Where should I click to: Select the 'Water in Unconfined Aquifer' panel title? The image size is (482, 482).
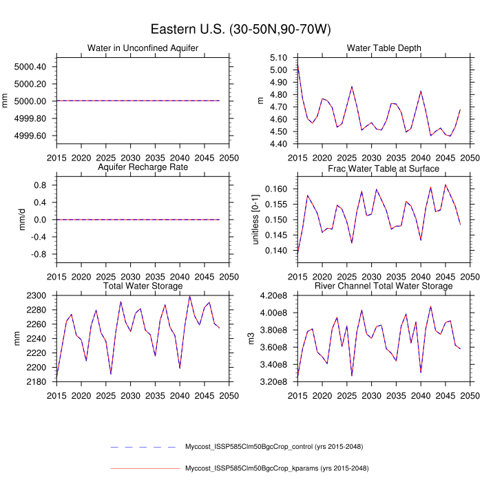pyautogui.click(x=143, y=48)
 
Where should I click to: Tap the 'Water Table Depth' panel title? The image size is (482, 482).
pyautogui.click(x=384, y=48)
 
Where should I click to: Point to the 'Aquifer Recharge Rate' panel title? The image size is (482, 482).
pyautogui.click(x=143, y=167)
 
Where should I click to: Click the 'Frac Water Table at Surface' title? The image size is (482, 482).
pyautogui.click(x=384, y=167)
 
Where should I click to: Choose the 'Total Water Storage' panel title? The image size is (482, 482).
pyautogui.click(x=143, y=286)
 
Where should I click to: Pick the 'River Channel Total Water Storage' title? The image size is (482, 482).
pyautogui.click(x=384, y=286)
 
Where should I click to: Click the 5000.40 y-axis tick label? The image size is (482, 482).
pyautogui.click(x=30, y=67)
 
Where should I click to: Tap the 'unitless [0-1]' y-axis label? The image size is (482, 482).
pyautogui.click(x=260, y=220)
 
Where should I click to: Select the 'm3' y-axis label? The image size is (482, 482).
pyautogui.click(x=260, y=339)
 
